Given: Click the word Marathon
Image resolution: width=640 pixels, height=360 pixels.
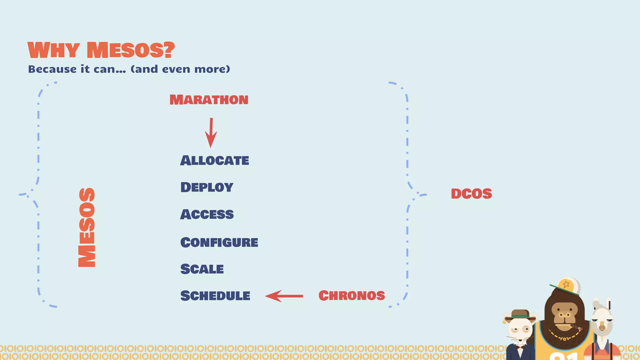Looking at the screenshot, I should tap(209, 100).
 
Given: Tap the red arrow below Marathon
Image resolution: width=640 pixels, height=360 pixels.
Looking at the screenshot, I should tap(211, 132).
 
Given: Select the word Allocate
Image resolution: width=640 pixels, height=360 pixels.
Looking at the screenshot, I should tap(214, 161).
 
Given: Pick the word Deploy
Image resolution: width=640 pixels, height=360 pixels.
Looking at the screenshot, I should tap(207, 187).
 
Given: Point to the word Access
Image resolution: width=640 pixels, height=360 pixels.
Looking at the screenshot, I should tap(207, 214).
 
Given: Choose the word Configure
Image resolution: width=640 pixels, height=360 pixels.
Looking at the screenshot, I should tap(219, 242).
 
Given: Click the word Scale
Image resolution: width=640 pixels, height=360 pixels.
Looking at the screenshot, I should tap(202, 269).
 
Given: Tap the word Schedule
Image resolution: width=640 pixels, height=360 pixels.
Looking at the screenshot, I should tap(215, 296).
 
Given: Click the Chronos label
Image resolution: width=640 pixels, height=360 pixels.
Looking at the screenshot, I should tap(352, 296).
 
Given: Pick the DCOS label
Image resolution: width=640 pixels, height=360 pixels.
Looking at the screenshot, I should tap(471, 194).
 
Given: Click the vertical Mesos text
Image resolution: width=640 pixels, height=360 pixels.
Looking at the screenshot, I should tap(87, 227).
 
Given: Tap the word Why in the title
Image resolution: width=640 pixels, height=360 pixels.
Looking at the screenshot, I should tap(53, 50).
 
